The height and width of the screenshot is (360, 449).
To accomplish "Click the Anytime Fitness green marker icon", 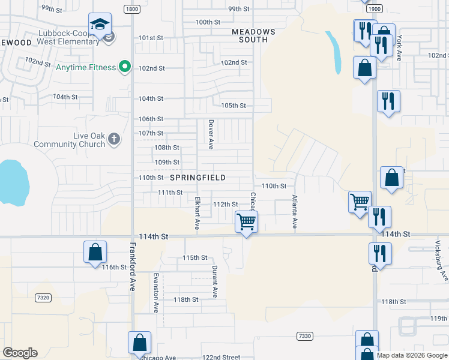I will [125, 67].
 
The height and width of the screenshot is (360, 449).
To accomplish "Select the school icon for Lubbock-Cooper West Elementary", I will [100, 25].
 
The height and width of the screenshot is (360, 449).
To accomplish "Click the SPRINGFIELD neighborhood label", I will [197, 178].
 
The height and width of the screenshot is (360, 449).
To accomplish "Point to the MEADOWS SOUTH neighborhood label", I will [254, 35].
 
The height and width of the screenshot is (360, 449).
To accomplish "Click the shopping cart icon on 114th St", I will [247, 222].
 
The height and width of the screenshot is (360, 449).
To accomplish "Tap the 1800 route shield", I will [132, 9].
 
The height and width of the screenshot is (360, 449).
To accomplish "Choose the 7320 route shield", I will [43, 298].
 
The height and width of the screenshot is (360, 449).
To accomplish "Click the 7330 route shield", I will [304, 336].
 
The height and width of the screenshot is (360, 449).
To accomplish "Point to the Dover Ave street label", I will [211, 133].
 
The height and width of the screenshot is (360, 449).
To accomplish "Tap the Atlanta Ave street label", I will [295, 211].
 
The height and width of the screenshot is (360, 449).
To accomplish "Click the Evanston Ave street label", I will [155, 293].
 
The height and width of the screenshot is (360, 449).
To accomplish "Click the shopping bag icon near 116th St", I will [95, 253].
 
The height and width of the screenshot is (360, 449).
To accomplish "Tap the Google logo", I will [20, 353].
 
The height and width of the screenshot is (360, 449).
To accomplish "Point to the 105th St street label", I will [234, 106].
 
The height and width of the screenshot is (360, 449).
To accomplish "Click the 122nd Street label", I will [221, 357].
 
